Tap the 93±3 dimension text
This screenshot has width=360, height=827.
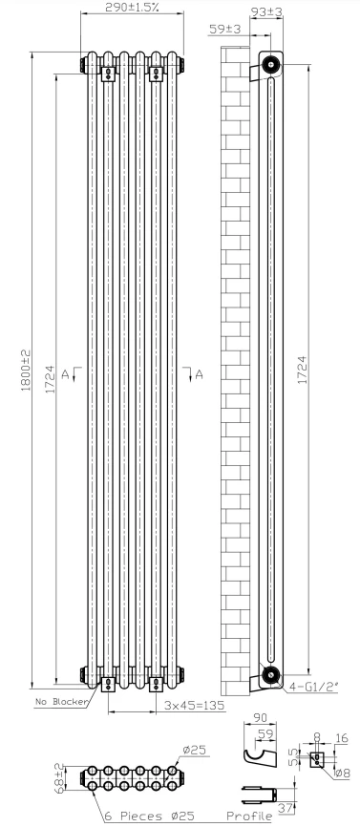tap(271, 11)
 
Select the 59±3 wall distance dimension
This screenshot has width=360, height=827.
tap(225, 30)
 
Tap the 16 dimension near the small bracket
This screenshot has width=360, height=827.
tap(343, 738)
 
